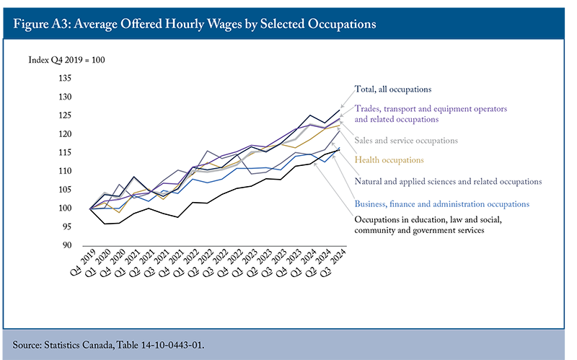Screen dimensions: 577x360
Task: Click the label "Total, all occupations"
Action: tap(392, 89)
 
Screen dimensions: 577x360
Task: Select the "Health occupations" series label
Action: tap(389, 160)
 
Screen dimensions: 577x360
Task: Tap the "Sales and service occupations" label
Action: tap(406, 141)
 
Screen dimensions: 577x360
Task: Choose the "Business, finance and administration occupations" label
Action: tap(442, 204)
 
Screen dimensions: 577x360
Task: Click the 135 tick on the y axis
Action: tap(65, 78)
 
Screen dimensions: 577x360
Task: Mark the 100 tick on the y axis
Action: tap(65, 208)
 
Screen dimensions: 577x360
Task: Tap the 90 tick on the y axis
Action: tap(66, 245)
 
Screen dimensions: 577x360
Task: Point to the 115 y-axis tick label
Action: tap(65, 152)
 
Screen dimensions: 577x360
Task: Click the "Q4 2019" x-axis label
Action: tap(83, 262)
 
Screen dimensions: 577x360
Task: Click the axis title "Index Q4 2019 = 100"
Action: tap(66, 60)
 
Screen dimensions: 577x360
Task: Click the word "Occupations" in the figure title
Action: tap(341, 24)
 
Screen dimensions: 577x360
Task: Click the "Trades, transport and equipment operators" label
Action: tap(431, 109)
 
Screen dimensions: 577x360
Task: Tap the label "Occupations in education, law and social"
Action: tap(428, 220)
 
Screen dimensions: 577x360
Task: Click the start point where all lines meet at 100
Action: tap(89, 208)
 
